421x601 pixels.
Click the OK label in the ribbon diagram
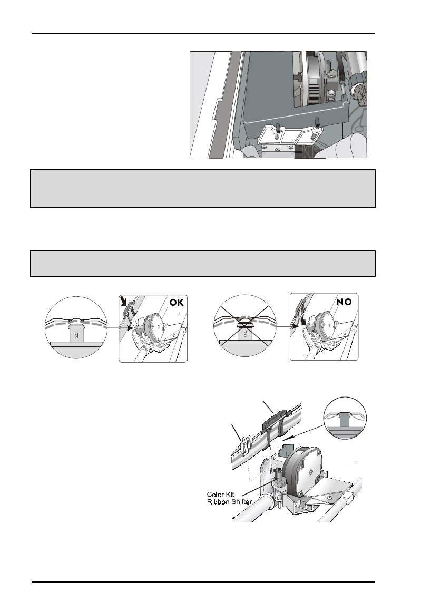(177, 303)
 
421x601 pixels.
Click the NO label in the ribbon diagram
(344, 302)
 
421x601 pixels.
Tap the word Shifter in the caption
(241, 502)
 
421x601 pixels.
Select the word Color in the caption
(216, 495)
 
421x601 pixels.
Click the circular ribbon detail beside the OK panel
(76, 327)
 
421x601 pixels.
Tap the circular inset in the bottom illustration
(345, 418)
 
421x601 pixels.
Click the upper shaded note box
(203, 189)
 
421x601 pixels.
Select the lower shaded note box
(203, 263)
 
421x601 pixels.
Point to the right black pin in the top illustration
(317, 121)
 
